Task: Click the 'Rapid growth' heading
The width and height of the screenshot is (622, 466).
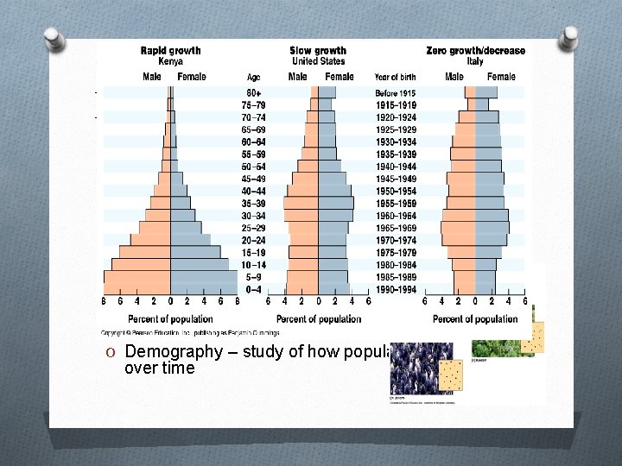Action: (170, 50)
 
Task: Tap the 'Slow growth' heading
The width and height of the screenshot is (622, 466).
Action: (317, 50)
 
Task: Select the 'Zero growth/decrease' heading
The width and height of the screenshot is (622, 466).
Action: (475, 50)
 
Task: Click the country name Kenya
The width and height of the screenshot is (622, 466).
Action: (170, 61)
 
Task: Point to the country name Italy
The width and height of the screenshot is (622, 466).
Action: (475, 61)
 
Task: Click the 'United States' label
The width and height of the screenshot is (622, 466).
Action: (317, 61)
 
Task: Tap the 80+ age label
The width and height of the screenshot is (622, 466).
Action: (253, 92)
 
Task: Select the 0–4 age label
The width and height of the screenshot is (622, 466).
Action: (253, 289)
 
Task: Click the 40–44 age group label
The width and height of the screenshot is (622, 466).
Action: (253, 191)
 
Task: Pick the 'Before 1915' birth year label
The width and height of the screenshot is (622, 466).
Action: (395, 92)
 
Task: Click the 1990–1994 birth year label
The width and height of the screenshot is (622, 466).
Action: (395, 289)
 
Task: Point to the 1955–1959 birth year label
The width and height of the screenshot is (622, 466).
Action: (395, 203)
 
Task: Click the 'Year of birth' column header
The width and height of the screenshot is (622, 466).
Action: (395, 77)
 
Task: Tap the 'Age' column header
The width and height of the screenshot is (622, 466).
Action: (253, 77)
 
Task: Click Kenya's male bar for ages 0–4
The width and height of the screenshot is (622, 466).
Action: (136, 289)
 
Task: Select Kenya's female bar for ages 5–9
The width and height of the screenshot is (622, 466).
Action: (204, 277)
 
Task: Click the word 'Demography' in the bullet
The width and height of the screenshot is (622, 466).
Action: (165, 351)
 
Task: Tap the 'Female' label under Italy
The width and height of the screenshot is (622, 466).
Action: (501, 77)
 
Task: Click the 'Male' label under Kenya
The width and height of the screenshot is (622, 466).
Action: (151, 77)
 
